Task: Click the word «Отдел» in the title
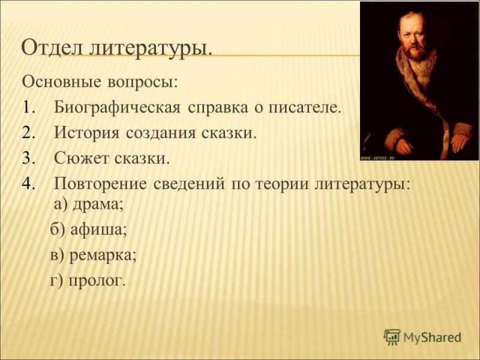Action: (52, 49)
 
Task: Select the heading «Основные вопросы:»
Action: (100, 82)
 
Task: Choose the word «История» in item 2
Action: (86, 133)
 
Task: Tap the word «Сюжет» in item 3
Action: (81, 158)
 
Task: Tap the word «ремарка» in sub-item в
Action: (100, 256)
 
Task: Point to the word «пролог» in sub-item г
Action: (95, 281)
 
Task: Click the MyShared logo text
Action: (432, 338)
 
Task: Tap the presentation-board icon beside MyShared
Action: (392, 337)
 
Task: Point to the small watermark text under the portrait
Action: (378, 158)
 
